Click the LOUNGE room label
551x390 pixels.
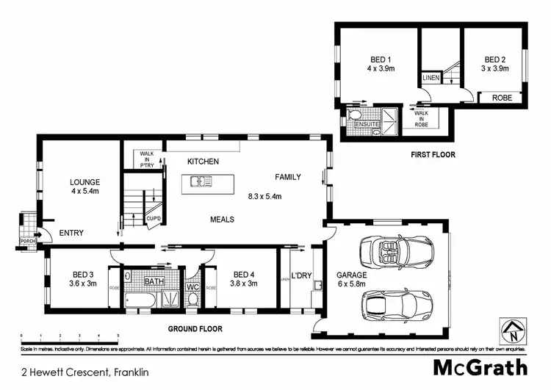tap(84, 182)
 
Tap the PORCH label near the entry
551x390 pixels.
tap(27, 240)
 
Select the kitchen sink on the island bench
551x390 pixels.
tap(199, 181)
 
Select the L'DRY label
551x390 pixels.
tap(301, 275)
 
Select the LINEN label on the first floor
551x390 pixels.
tap(431, 77)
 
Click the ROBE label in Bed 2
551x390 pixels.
tap(502, 97)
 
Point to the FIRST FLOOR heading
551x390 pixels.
tap(433, 155)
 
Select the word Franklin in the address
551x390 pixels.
tap(132, 372)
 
